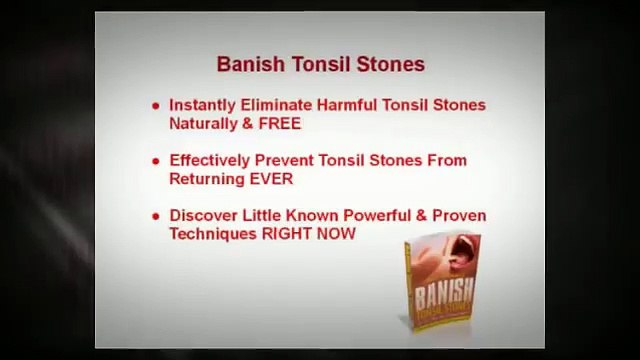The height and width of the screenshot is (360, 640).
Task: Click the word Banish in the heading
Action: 245,64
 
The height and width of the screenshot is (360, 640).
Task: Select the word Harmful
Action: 345,104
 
